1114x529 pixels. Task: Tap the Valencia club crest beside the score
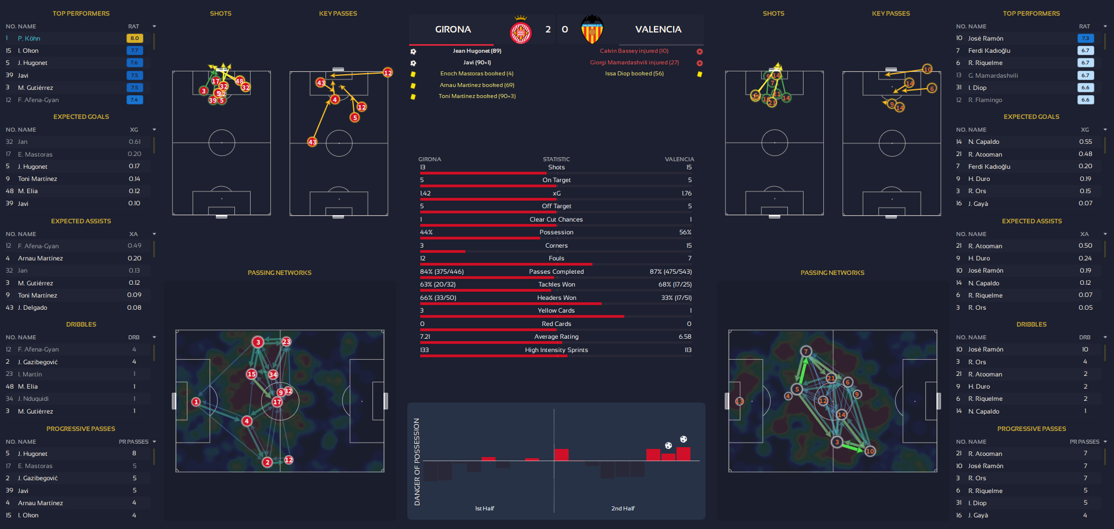click(x=592, y=30)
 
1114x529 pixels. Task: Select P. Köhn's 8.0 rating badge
click(x=135, y=38)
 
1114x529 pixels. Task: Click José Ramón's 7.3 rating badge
click(x=1085, y=38)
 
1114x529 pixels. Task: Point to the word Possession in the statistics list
click(x=556, y=233)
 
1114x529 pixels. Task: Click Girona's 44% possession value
click(x=426, y=233)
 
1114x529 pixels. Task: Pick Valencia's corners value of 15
click(x=689, y=246)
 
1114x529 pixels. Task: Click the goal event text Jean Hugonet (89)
click(x=477, y=51)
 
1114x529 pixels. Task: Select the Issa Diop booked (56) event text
click(x=634, y=74)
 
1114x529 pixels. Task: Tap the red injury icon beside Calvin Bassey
click(x=699, y=52)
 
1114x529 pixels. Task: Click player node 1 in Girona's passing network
click(x=196, y=402)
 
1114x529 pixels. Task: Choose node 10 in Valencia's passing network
click(x=870, y=451)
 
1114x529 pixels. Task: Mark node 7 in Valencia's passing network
click(x=805, y=352)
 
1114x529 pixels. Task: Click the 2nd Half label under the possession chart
click(x=623, y=509)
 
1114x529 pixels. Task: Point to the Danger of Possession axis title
click(x=417, y=462)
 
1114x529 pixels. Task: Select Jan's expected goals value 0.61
click(x=135, y=142)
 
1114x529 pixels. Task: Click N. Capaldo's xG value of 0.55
click(x=1085, y=142)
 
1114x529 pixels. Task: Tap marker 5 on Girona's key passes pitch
click(x=355, y=118)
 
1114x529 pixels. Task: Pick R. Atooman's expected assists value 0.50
click(x=1085, y=246)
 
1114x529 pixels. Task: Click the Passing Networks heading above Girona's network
click(x=280, y=273)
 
